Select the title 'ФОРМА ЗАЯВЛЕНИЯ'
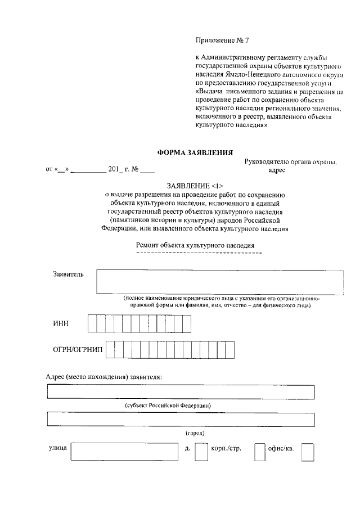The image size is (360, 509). pyautogui.click(x=195, y=152)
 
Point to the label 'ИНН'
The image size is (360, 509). pyautogui.click(x=61, y=323)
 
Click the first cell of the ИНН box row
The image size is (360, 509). pyautogui.click(x=92, y=323)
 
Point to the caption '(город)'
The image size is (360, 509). pyautogui.click(x=195, y=433)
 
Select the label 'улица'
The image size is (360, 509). pyautogui.click(x=58, y=448)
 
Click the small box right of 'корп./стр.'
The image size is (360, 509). pyautogui.click(x=259, y=453)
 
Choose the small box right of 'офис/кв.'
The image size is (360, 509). pyautogui.click(x=307, y=453)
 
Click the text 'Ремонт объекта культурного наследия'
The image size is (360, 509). pyautogui.click(x=196, y=245)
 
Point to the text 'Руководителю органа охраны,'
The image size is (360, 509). pyautogui.click(x=290, y=162)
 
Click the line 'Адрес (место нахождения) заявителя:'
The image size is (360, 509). pyautogui.click(x=103, y=376)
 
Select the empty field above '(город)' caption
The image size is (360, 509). pyautogui.click(x=181, y=420)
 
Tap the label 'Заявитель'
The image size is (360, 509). pyautogui.click(x=68, y=274)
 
